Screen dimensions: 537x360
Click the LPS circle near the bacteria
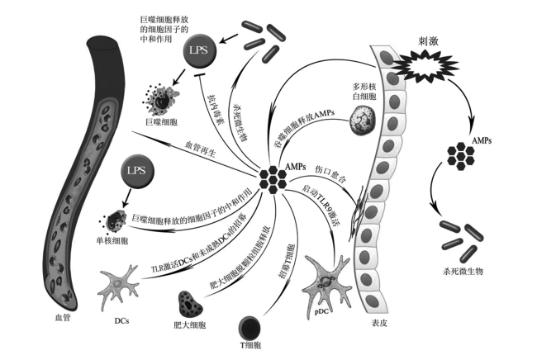pyautogui.click(x=199, y=50)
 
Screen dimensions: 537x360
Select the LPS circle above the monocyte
pyautogui.click(x=136, y=171)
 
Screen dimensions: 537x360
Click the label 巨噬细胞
pyautogui.click(x=162, y=122)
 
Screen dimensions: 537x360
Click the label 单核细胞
pyautogui.click(x=112, y=241)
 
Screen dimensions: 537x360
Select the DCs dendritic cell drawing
pyautogui.click(x=118, y=286)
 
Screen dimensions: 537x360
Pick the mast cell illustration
pyautogui.click(x=190, y=305)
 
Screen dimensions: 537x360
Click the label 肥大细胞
pyautogui.click(x=190, y=325)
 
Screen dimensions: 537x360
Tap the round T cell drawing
pyautogui.click(x=249, y=327)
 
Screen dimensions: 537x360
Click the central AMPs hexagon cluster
pyautogui.click(x=273, y=180)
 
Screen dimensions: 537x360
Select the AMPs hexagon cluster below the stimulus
pyautogui.click(x=461, y=156)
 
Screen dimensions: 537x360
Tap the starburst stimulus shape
pyautogui.click(x=425, y=66)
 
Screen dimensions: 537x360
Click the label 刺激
pyautogui.click(x=428, y=42)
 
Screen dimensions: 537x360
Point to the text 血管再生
pyautogui.click(x=201, y=149)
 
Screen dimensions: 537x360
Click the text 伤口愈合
pyautogui.click(x=330, y=174)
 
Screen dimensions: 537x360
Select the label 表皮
pyautogui.click(x=379, y=323)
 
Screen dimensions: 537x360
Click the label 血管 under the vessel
pyautogui.click(x=63, y=318)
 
